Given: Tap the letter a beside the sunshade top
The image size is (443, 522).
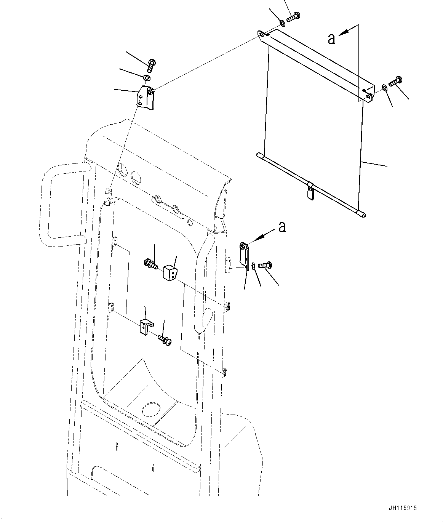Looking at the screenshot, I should click(332, 38).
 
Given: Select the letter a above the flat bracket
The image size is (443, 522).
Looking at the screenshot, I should click(282, 227).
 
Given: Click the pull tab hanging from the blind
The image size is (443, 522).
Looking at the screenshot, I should click(310, 192).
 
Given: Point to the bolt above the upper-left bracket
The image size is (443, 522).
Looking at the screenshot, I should click(151, 66).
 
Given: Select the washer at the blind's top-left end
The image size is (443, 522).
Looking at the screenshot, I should click(282, 24).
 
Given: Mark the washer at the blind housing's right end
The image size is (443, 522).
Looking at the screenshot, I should click(385, 88).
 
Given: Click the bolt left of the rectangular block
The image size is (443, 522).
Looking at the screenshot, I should click(151, 263).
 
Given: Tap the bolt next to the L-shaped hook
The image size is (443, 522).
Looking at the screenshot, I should click(165, 340).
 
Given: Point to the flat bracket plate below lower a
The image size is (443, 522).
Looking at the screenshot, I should click(244, 256).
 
